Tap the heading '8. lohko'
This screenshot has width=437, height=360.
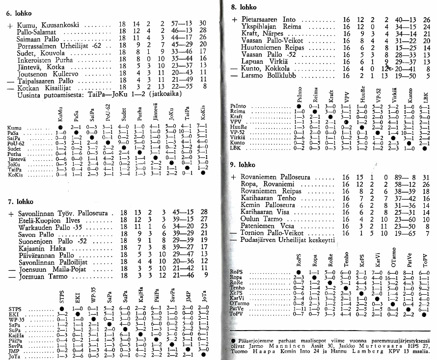pyautogui.click(x=244, y=8)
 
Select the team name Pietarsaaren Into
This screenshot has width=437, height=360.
pyautogui.click(x=268, y=20)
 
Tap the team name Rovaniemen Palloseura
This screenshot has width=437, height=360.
pyautogui.click(x=276, y=178)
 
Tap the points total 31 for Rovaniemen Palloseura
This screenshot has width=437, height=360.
pyautogui.click(x=426, y=178)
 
